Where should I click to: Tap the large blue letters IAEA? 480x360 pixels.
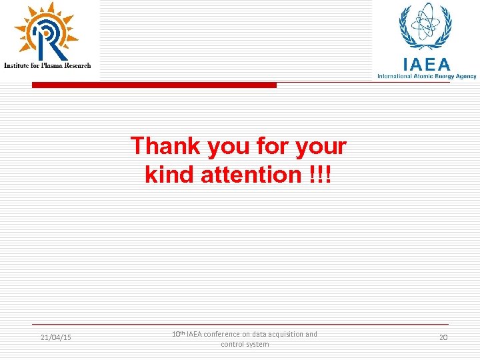(426, 64)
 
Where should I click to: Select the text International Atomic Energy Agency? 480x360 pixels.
(427, 76)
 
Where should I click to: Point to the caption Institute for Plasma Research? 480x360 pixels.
(47, 65)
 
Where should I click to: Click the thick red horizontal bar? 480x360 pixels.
(154, 85)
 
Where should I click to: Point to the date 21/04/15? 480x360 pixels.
(56, 338)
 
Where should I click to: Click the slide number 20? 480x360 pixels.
(443, 338)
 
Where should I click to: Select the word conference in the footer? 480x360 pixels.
(224, 334)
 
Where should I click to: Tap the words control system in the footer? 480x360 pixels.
(245, 344)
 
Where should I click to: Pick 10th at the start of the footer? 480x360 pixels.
(177, 333)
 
